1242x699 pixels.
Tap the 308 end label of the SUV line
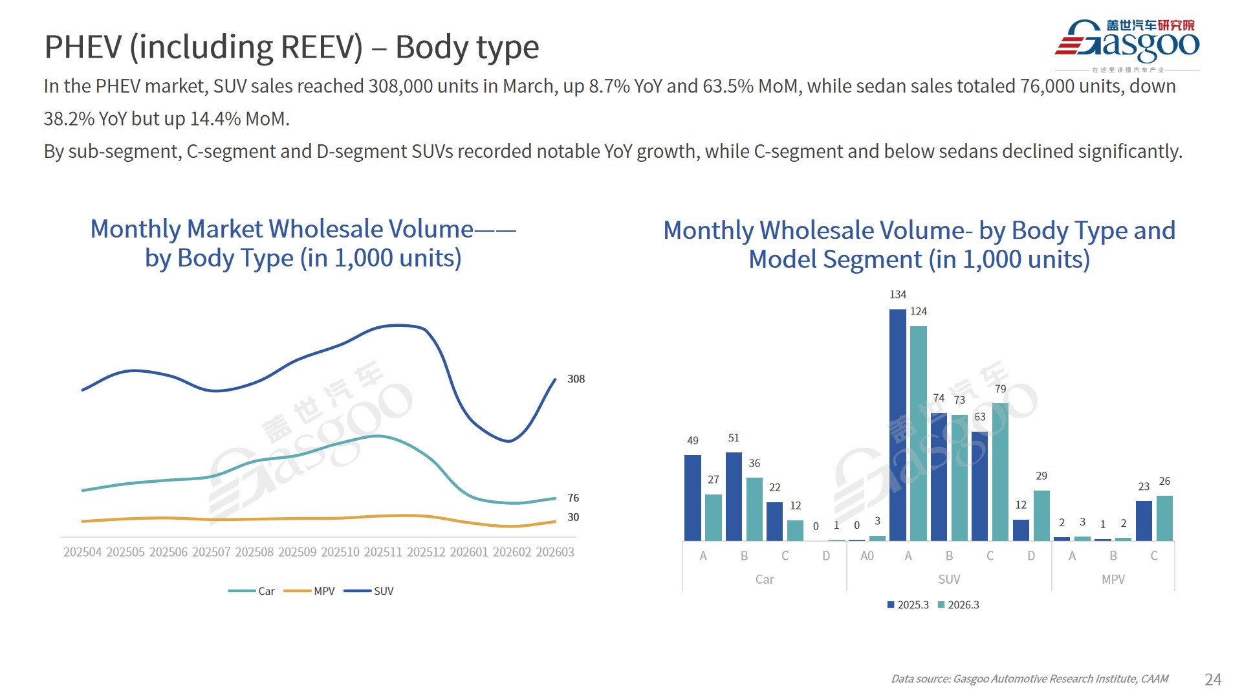click(576, 379)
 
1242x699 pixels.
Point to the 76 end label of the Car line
click(573, 498)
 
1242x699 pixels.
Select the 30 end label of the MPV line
click(573, 517)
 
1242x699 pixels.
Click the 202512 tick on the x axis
click(426, 552)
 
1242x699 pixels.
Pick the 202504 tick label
click(82, 552)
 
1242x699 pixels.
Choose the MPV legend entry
click(310, 591)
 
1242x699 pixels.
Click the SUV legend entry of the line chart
click(369, 591)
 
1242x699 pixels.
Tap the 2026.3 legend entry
click(959, 605)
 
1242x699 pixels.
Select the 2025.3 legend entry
click(908, 605)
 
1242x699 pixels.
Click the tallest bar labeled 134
click(898, 425)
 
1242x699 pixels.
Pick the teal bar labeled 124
click(919, 433)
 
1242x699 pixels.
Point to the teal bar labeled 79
click(1000, 472)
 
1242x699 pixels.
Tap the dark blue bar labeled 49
click(693, 498)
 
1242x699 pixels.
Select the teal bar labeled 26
click(1164, 518)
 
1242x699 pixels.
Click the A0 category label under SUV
click(867, 556)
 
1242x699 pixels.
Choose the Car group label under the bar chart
click(765, 579)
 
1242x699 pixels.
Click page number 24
click(1213, 679)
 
